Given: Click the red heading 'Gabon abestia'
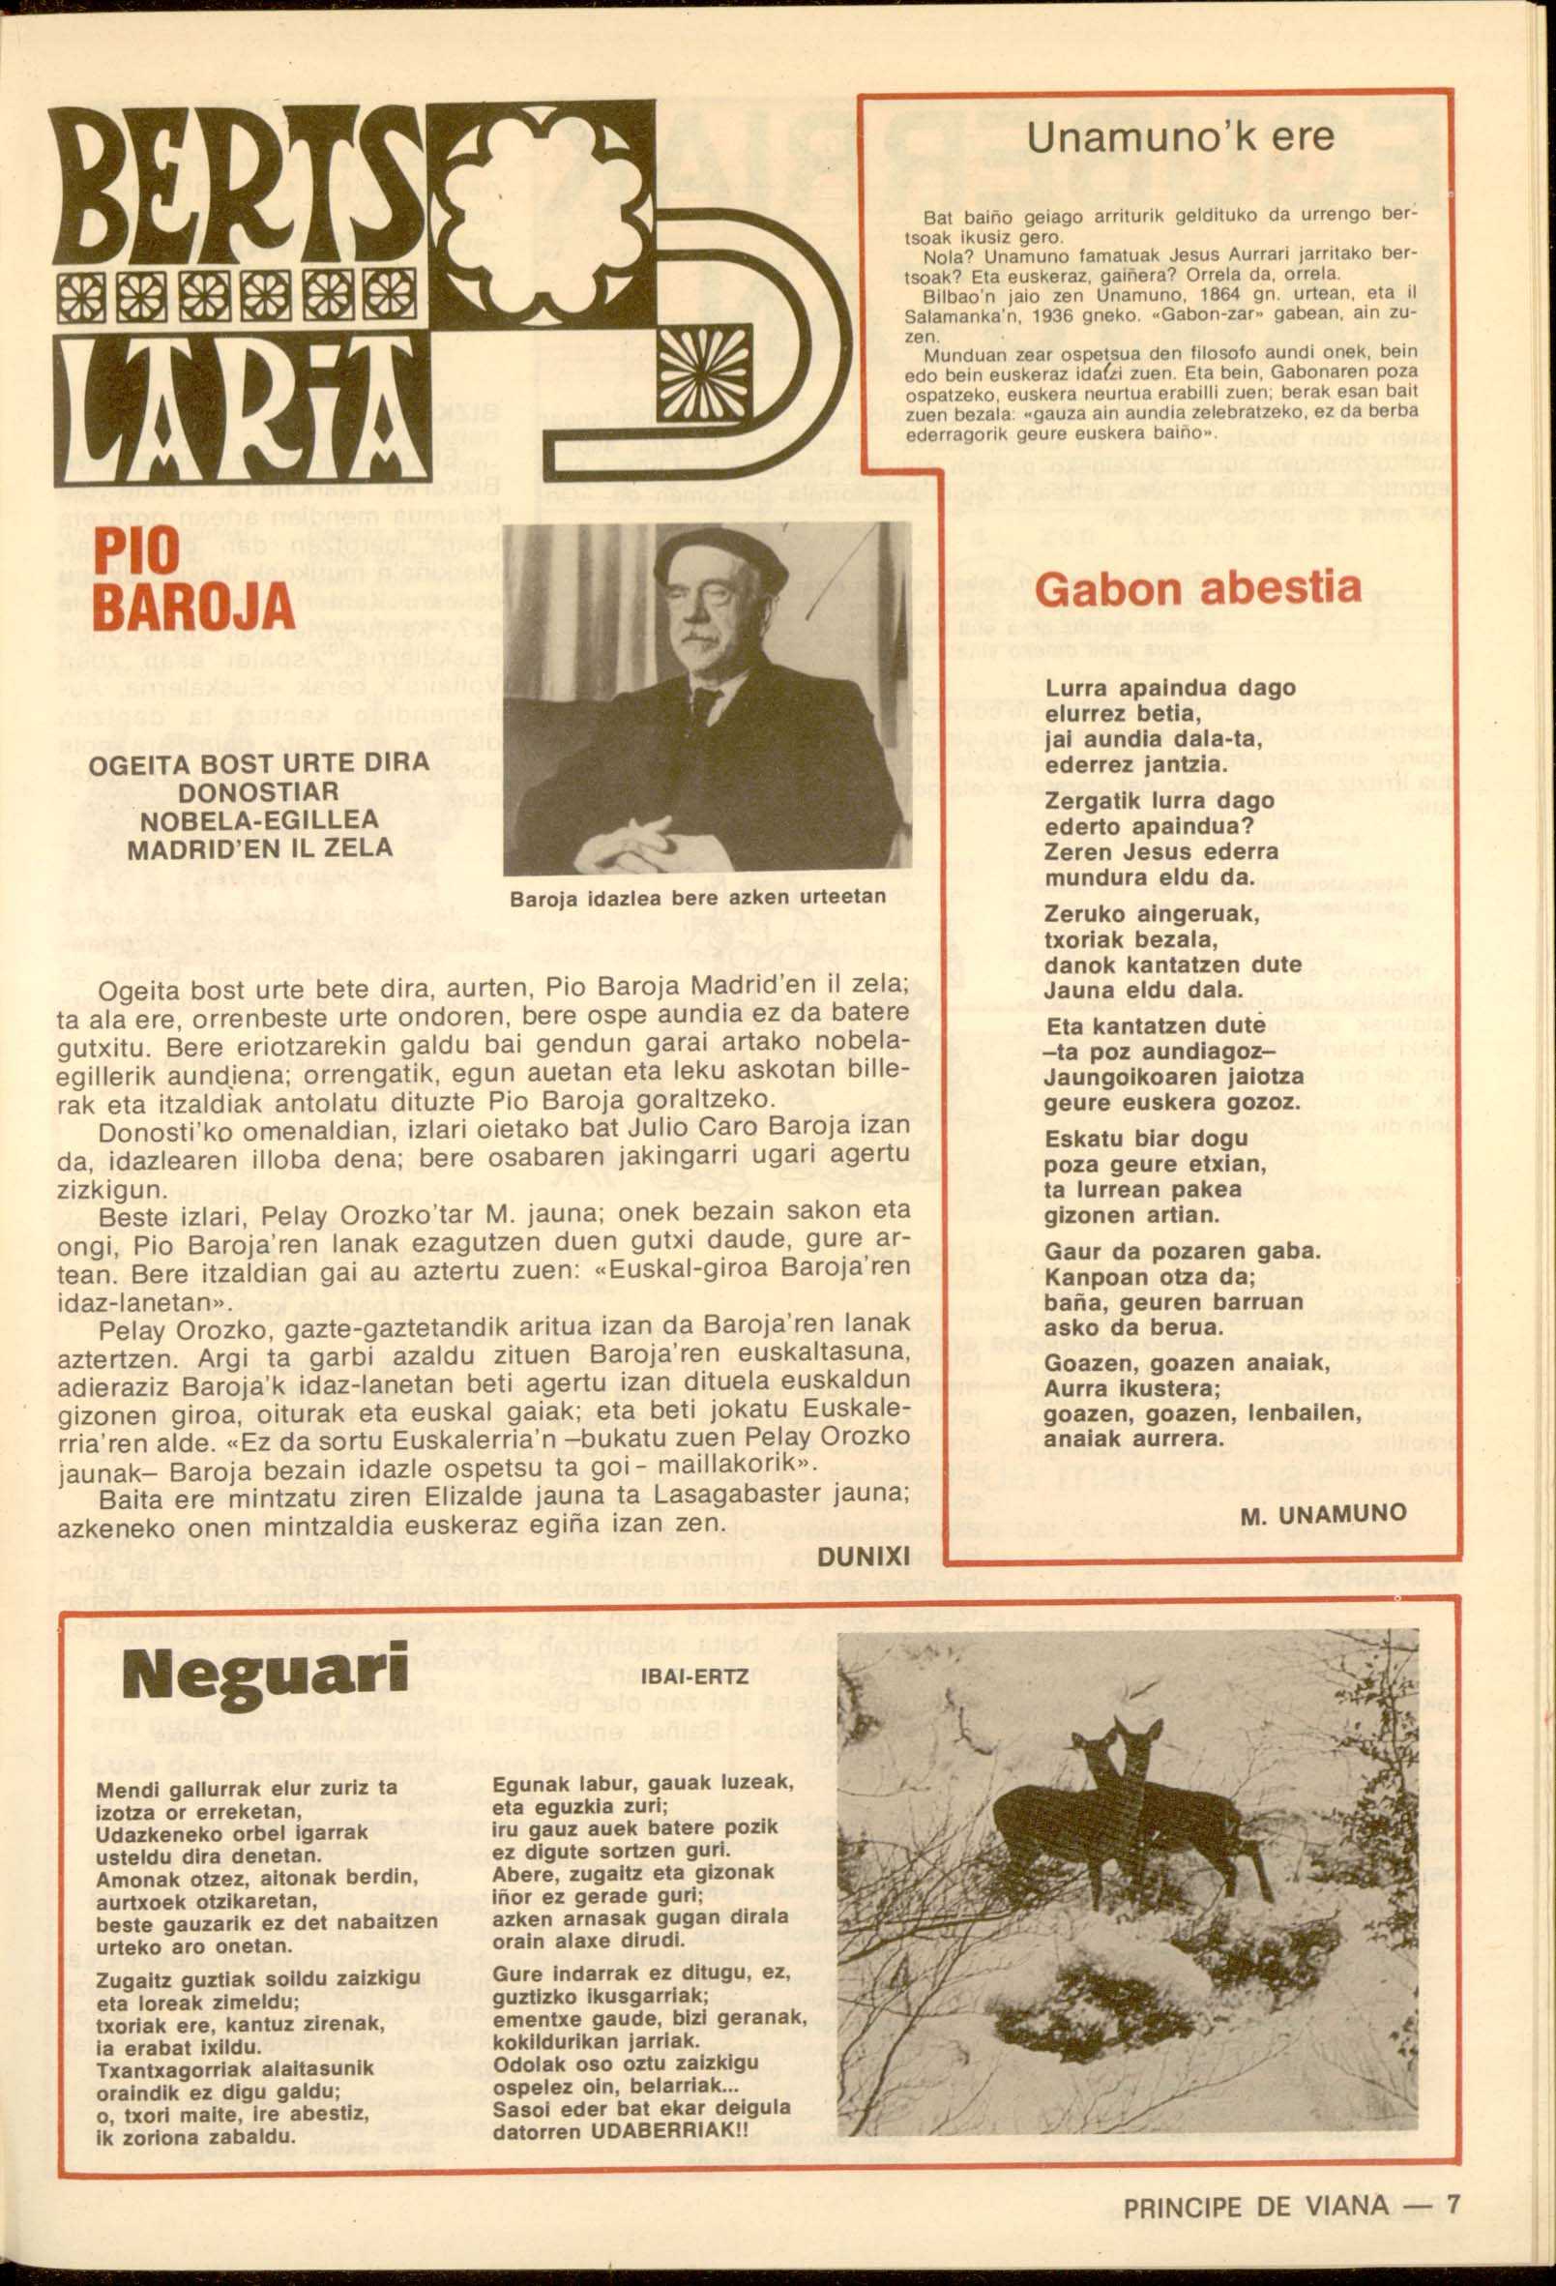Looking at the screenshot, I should pos(1198,588).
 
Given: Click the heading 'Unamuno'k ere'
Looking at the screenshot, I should pos(1180,136).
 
